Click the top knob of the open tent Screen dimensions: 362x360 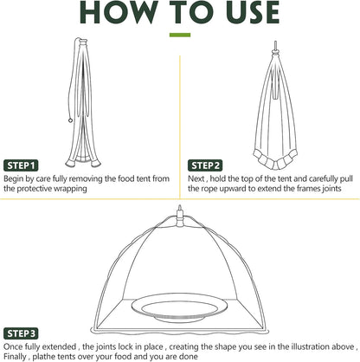[x=180, y=210]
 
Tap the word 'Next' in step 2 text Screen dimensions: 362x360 [x=198, y=177]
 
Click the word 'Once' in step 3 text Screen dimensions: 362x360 [x=15, y=345]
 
